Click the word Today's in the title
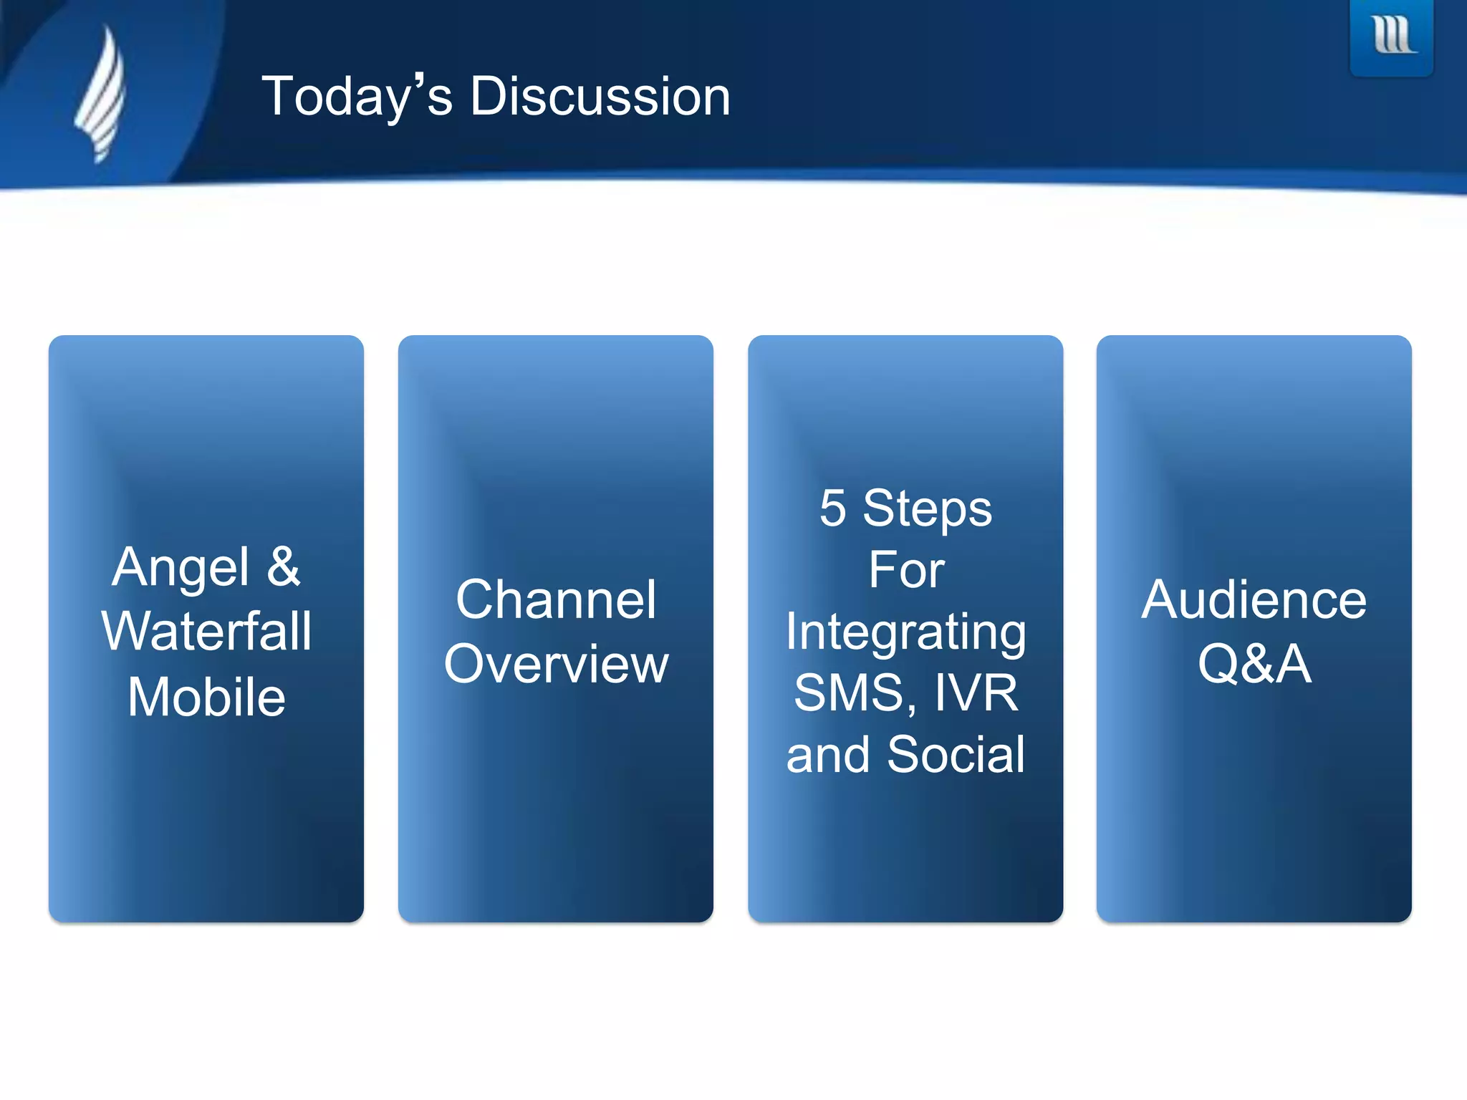357,97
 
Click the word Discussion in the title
600,97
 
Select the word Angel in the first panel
181,567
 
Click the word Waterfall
206,632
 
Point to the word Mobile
206,698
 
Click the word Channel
556,600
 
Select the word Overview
556,665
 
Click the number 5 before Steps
833,508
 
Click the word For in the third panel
906,571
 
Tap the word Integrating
906,633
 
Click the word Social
956,755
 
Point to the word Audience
1254,600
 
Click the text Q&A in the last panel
1254,665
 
